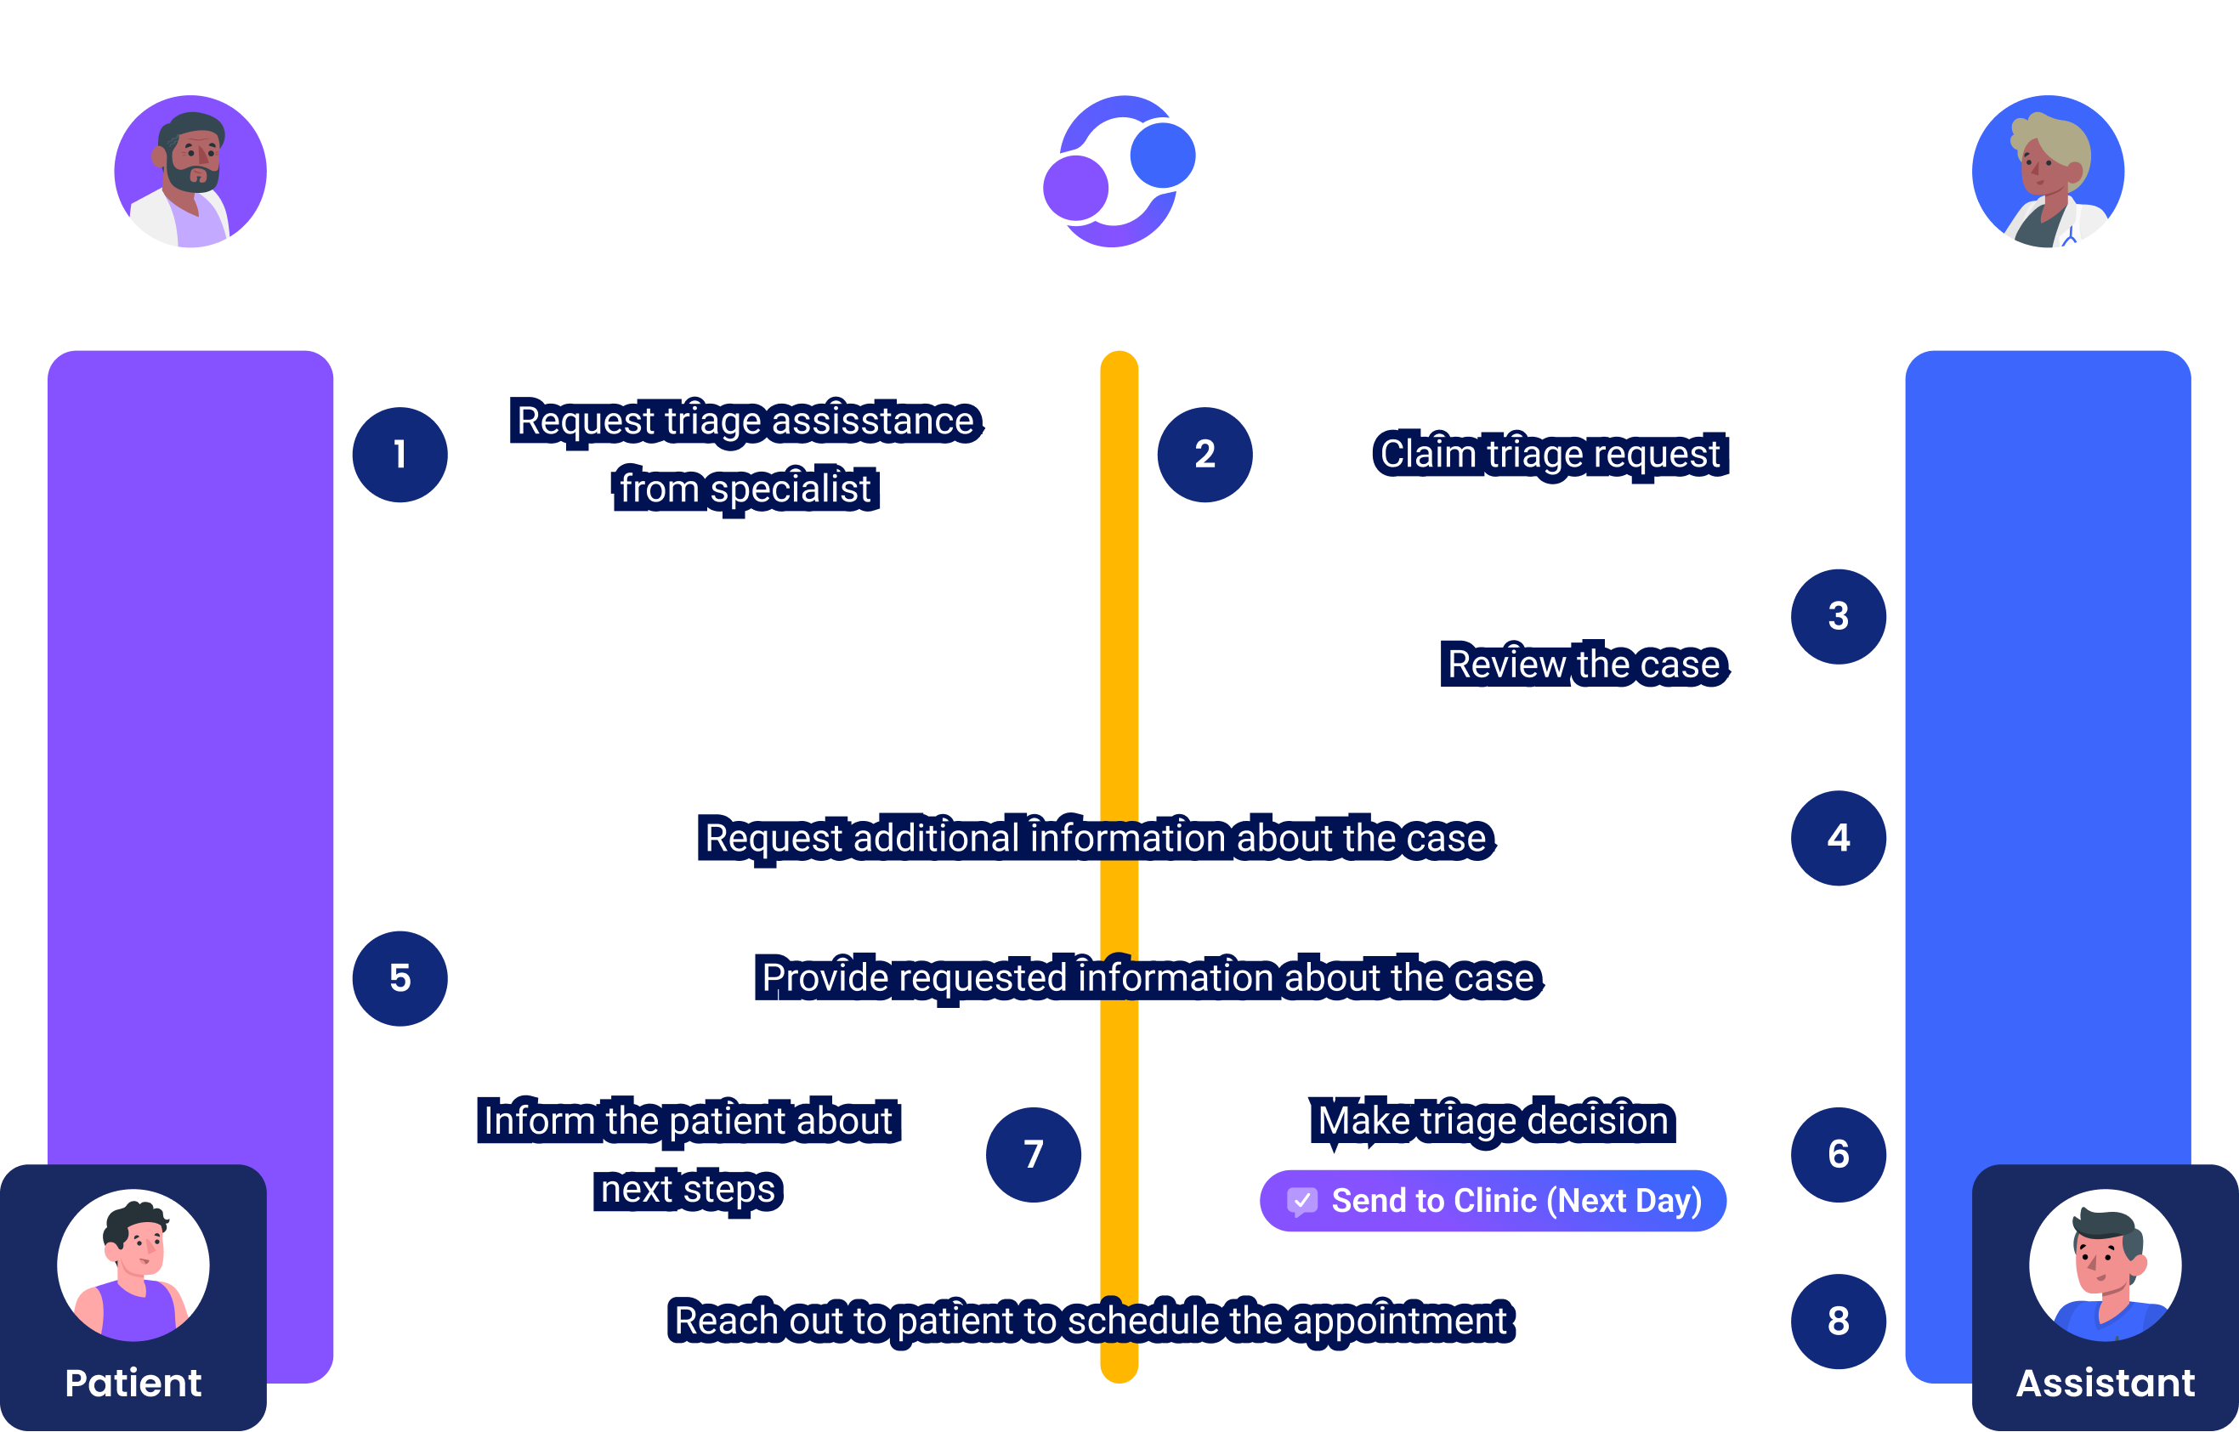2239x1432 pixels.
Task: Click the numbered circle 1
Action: tap(400, 455)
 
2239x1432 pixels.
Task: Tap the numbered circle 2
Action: tap(1205, 455)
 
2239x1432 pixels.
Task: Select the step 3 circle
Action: tap(1839, 616)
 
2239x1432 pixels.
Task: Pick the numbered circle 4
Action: tap(1839, 838)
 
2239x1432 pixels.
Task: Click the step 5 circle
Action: tap(400, 978)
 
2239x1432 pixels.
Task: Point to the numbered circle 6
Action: tap(1839, 1155)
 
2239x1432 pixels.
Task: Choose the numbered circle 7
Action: tap(1033, 1155)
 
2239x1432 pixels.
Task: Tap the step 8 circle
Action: tap(1839, 1322)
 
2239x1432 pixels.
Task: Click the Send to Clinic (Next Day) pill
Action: tap(1493, 1201)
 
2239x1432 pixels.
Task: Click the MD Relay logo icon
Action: tap(1119, 171)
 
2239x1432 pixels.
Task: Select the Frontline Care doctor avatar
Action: tap(190, 171)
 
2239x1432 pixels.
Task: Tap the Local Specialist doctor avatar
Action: tap(2048, 171)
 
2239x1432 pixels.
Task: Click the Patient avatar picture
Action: tap(133, 1265)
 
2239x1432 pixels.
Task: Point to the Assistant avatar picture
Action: tap(2105, 1265)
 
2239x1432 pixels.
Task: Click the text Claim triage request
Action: tap(1550, 455)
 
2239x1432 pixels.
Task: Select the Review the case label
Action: tap(1583, 664)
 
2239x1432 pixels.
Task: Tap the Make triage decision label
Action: tap(1493, 1120)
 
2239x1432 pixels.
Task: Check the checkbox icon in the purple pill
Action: tap(1301, 1201)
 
